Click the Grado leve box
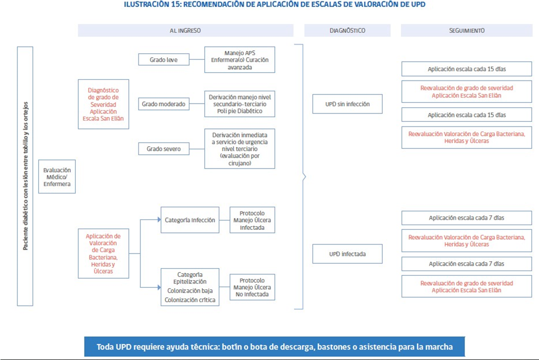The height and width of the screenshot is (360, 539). coord(164,59)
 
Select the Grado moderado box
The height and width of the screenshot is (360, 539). coord(164,104)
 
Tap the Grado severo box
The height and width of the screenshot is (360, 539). coord(164,149)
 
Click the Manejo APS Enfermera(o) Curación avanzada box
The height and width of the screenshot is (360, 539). coord(240,60)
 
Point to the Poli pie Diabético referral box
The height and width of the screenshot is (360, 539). coord(240,104)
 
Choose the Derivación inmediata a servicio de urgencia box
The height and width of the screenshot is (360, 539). coord(240,149)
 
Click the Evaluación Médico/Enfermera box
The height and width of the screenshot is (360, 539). coord(57,177)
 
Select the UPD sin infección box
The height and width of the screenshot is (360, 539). coord(347,104)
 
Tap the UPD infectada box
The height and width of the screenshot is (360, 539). coord(347,254)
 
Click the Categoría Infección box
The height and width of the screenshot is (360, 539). coord(190,220)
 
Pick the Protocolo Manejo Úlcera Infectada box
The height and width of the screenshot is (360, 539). coord(252,220)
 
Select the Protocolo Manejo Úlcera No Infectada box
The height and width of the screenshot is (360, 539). coord(252,287)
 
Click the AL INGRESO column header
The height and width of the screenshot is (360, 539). coord(186,30)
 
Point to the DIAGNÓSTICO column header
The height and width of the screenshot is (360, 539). coord(347,30)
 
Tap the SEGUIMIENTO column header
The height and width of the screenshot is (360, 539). coord(466,30)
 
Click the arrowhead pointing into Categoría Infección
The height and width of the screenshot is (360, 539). coord(159,219)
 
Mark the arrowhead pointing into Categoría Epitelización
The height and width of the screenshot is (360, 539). coord(159,287)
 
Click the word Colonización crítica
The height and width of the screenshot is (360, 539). coord(190,300)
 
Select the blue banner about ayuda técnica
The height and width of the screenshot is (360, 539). coord(274,347)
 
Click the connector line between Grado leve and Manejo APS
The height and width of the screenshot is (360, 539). coord(197,59)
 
